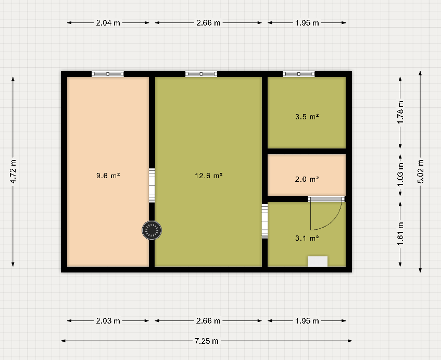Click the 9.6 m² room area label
(x=108, y=176)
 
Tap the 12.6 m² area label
(x=209, y=176)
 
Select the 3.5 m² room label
(x=307, y=117)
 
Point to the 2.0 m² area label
(x=307, y=179)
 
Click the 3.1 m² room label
(x=307, y=239)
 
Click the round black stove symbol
(x=152, y=230)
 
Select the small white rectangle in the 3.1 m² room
(x=318, y=261)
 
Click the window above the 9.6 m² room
(x=108, y=74)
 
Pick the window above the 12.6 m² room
(x=201, y=74)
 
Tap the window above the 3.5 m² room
(x=299, y=74)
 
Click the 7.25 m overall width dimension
(x=206, y=341)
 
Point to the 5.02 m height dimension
(x=420, y=172)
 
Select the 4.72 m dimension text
(x=13, y=171)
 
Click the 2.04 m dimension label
(x=108, y=23)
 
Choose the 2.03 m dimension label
(x=108, y=321)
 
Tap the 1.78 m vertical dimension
(x=400, y=113)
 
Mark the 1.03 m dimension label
(x=400, y=175)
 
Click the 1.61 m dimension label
(x=400, y=233)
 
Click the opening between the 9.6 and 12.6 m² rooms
(x=152, y=185)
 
